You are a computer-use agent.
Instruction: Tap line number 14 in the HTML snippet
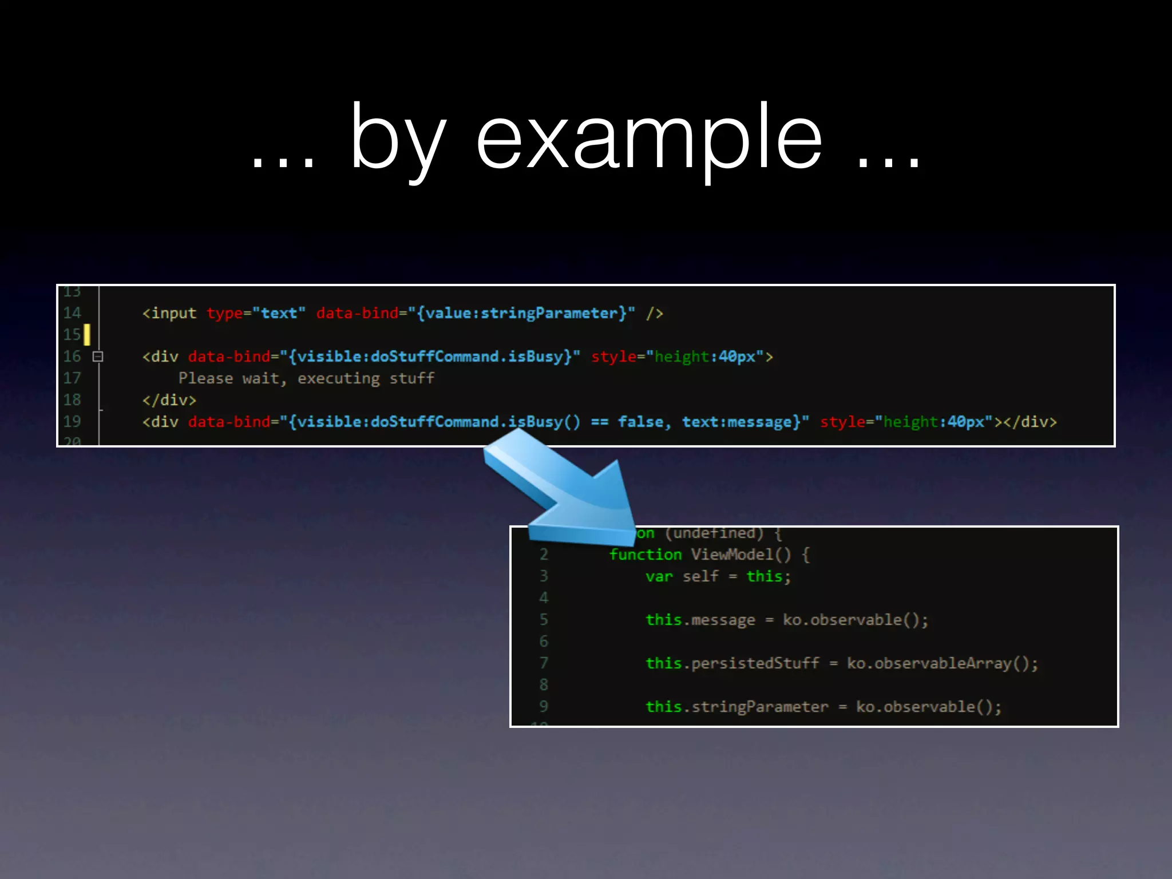click(x=72, y=313)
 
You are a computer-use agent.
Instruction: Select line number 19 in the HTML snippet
click(x=72, y=422)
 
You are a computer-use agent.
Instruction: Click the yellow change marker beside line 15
click(x=87, y=335)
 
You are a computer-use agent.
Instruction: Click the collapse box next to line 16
click(x=98, y=357)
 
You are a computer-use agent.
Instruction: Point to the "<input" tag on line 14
click(x=169, y=313)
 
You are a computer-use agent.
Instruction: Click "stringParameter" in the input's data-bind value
click(x=549, y=313)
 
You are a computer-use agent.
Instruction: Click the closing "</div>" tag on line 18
click(x=169, y=400)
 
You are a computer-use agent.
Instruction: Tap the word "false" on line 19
click(x=640, y=422)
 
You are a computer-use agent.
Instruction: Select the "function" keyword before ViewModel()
click(x=645, y=555)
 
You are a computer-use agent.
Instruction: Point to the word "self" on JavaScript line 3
click(x=700, y=576)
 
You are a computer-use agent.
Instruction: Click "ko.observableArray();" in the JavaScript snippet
click(x=942, y=663)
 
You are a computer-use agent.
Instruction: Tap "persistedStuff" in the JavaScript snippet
click(x=755, y=663)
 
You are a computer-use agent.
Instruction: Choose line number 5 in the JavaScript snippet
click(x=544, y=620)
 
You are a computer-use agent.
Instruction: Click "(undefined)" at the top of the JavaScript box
click(x=714, y=533)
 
